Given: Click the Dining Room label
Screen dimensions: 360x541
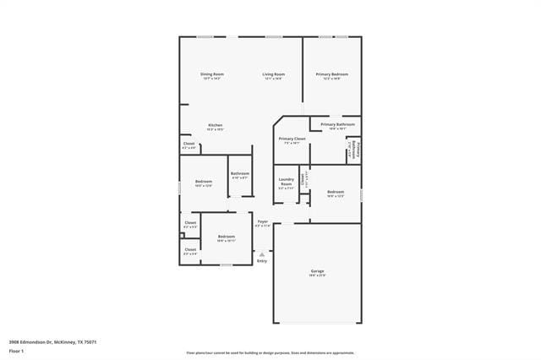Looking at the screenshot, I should [211, 74].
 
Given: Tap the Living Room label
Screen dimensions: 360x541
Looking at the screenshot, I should [273, 74].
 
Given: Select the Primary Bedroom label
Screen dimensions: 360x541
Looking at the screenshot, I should [332, 74].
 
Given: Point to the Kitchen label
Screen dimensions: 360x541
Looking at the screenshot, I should [216, 125].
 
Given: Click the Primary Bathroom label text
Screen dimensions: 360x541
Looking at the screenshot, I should [337, 125].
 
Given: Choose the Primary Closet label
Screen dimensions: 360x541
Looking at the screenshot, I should [292, 139].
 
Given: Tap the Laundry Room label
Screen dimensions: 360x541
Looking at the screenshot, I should [286, 182].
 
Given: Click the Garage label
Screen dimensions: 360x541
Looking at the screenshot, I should [317, 271].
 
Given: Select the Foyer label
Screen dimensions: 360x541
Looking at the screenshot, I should [263, 221].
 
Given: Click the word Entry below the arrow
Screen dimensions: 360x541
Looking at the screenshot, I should [262, 261].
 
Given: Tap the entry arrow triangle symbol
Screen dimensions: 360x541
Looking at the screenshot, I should [262, 253].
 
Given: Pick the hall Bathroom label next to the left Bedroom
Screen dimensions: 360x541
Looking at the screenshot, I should [239, 174].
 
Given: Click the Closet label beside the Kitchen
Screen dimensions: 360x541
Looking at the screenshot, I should [189, 144].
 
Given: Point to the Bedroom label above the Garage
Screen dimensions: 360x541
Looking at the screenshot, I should [336, 192].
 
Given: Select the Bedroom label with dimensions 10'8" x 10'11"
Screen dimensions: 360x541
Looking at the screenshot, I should [226, 237].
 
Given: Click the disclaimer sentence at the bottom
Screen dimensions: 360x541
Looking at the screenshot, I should [270, 353].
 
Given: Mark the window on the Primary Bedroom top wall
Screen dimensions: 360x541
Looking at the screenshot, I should [332, 36].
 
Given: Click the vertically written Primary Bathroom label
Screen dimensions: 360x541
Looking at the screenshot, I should [358, 150].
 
